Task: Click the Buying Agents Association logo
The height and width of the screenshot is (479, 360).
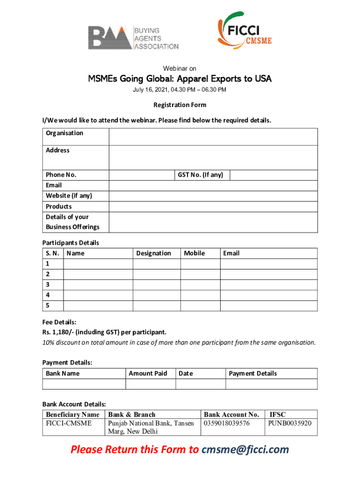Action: point(133,37)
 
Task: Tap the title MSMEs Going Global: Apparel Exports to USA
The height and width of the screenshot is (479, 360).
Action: point(180,79)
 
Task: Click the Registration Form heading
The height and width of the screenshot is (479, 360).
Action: point(180,105)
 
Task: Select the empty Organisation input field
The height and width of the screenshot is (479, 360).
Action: point(213,137)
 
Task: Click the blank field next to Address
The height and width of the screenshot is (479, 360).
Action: point(213,157)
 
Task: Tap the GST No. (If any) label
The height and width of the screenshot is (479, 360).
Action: point(201,175)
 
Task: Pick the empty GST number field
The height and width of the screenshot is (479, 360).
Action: point(274,175)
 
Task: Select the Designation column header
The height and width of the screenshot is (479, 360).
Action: point(153,253)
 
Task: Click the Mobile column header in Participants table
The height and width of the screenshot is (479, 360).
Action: point(194,253)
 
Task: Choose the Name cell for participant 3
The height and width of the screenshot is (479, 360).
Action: point(98,284)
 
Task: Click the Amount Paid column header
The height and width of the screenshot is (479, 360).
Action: point(148,373)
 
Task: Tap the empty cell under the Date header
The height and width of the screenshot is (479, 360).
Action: point(201,384)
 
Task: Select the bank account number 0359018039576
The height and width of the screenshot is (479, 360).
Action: point(227,423)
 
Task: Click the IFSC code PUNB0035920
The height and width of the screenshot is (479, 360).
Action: point(289,423)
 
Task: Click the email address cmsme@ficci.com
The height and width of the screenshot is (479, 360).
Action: point(245,450)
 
